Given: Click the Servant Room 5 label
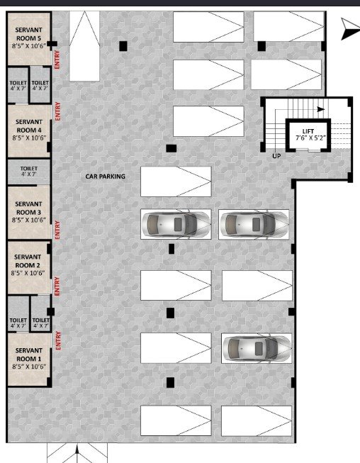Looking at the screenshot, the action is (x=28, y=34).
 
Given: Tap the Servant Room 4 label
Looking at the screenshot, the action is (x=29, y=125).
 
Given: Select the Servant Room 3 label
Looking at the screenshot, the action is (x=28, y=208).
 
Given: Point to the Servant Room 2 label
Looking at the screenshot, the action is (x=28, y=261).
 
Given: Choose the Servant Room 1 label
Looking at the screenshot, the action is (x=28, y=355).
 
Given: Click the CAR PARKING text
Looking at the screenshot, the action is (x=106, y=177).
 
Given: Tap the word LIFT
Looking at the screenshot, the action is (x=308, y=131).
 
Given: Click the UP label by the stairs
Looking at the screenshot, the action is (x=276, y=156).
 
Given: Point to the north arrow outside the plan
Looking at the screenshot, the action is (x=350, y=29).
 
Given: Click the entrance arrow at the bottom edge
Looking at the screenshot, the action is (x=77, y=454).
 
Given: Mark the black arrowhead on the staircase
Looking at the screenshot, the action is (x=321, y=109).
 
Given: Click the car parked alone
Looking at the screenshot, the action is (x=256, y=348).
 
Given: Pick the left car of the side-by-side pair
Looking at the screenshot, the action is (x=176, y=224).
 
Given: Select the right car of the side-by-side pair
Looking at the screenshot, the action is (x=254, y=224).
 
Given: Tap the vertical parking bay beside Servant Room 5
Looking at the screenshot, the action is (x=84, y=46).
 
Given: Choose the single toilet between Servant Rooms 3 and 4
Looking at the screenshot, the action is (x=28, y=172).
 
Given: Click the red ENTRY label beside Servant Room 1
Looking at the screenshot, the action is (x=58, y=340).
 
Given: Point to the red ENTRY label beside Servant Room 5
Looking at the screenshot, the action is (x=57, y=60).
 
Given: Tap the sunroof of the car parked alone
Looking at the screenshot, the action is (x=259, y=348).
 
